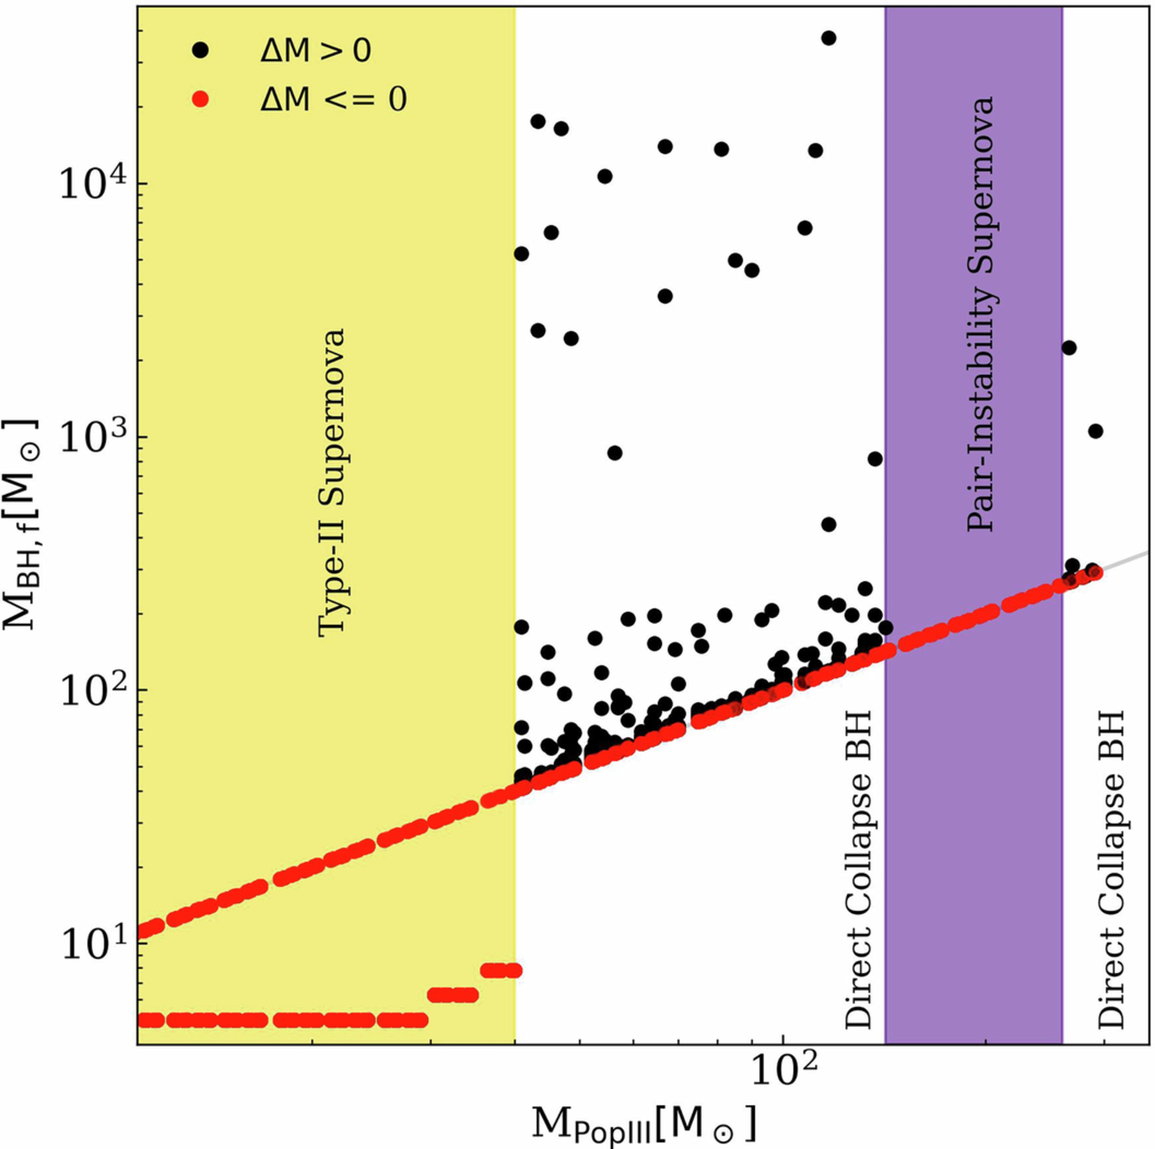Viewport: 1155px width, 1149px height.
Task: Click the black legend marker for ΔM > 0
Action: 201,51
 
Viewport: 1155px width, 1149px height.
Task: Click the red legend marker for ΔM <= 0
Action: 201,100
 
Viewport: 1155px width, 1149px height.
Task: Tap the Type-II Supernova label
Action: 331,483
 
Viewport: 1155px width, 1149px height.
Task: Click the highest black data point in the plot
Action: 829,38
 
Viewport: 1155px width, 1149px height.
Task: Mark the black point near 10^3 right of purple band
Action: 1095,431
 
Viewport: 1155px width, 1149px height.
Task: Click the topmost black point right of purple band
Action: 1069,348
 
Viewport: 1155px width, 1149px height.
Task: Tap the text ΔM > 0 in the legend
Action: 316,51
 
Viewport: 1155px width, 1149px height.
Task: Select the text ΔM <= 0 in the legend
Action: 333,100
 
